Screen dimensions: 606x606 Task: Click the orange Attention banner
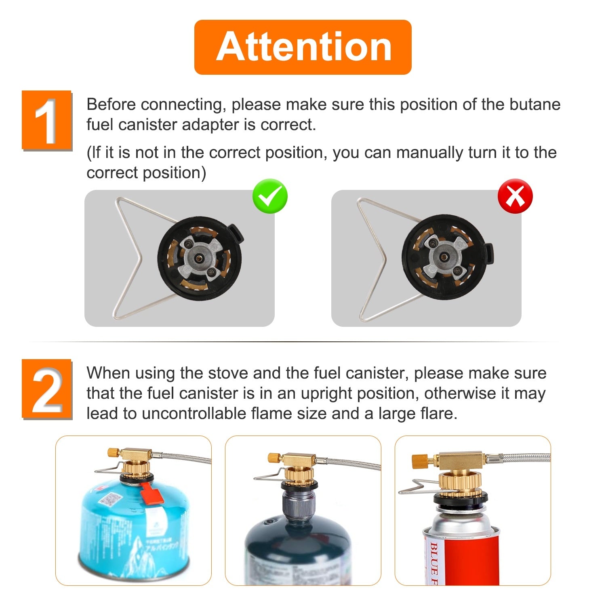pos(303,47)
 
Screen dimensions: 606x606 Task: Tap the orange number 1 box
pos(46,120)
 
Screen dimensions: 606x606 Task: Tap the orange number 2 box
pos(46,389)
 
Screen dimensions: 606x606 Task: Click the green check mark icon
pos(270,196)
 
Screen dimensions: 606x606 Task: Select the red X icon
pos(515,196)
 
